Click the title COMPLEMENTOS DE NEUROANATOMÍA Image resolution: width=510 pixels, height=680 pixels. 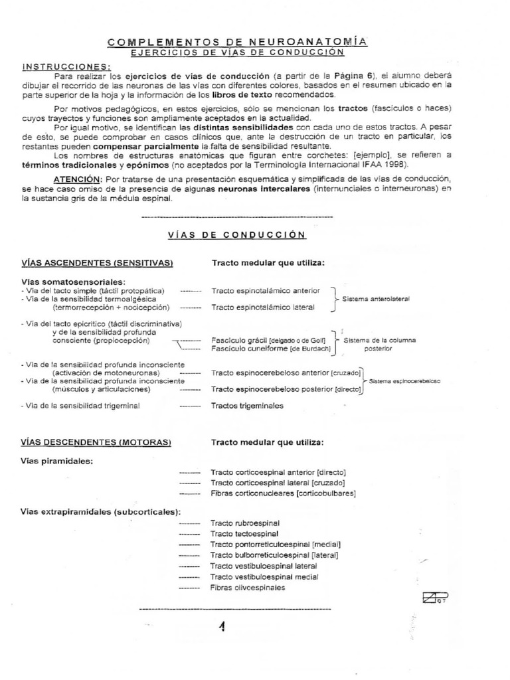coord(237,42)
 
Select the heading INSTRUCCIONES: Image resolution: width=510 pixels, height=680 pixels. coord(67,66)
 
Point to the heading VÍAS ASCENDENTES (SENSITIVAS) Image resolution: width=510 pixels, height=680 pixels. coord(97,263)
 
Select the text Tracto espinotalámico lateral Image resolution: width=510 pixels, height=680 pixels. coord(263,307)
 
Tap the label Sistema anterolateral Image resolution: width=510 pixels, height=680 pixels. coord(376,299)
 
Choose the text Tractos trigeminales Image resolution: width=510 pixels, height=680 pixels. coord(247,405)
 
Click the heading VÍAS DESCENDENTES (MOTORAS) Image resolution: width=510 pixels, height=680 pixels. coord(96,442)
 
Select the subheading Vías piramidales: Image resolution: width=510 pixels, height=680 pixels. coord(57,461)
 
